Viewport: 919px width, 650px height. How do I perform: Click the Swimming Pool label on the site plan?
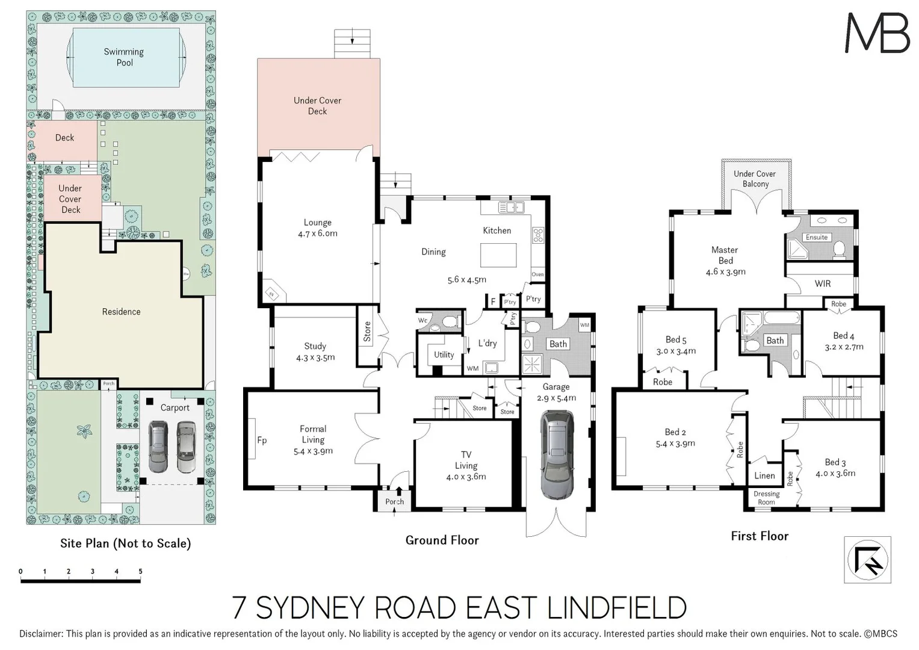tap(124, 57)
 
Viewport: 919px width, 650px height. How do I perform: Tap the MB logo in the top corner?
tap(877, 33)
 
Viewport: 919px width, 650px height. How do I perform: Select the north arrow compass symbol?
tap(867, 560)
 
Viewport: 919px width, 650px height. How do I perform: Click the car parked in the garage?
tap(557, 454)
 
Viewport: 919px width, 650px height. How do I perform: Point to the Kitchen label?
tap(497, 231)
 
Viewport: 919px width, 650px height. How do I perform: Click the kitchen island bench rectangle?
tap(498, 255)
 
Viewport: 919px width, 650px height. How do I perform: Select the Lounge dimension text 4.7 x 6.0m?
tap(317, 234)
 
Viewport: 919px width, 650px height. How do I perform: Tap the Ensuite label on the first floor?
tap(817, 237)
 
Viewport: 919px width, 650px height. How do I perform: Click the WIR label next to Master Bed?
tap(822, 283)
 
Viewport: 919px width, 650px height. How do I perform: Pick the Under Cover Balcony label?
tap(755, 179)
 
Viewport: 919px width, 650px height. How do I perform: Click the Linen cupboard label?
tap(764, 475)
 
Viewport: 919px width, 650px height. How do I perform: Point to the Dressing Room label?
tap(766, 498)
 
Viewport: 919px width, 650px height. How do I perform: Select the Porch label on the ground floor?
tap(395, 501)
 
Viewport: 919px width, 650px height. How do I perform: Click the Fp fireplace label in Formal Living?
tap(262, 440)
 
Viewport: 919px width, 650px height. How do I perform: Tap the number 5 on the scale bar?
tap(140, 571)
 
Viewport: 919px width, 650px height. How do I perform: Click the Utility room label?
tap(444, 354)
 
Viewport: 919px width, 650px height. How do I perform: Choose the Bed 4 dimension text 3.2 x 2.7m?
tap(844, 347)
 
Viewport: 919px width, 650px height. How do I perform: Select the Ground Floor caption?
tap(442, 540)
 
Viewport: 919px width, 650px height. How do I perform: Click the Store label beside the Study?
tap(367, 332)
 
